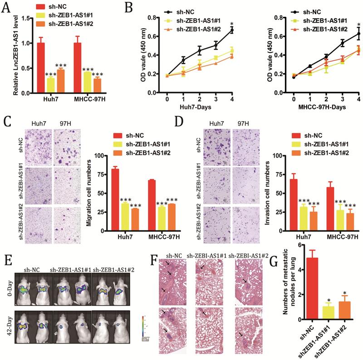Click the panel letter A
[5, 6]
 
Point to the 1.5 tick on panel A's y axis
[20, 19]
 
